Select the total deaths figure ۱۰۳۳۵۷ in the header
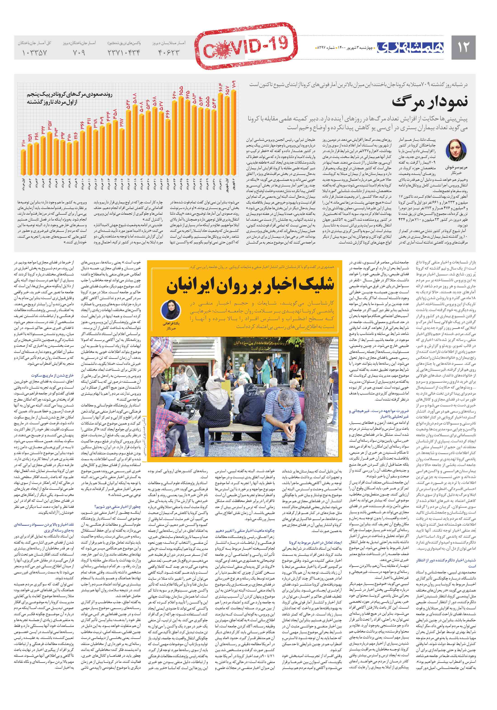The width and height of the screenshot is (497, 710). coord(34,53)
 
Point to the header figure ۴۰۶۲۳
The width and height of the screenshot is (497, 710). coord(169,53)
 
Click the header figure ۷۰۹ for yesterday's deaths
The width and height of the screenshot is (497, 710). coord(79,53)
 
